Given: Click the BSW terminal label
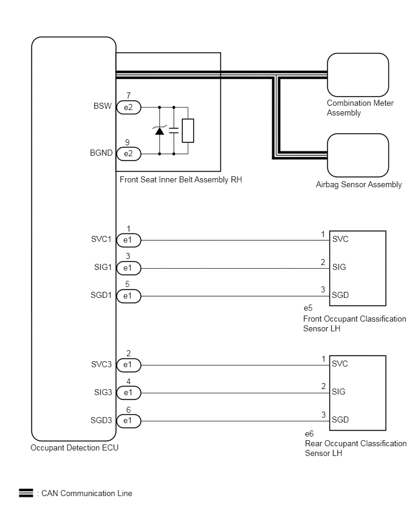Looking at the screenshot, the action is coord(103,106).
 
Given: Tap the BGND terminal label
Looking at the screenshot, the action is coord(101,153).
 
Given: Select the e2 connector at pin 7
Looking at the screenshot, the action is coord(129,108).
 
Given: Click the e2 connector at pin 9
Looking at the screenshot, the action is coord(129,154).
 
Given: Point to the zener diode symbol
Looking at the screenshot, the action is coord(159,131).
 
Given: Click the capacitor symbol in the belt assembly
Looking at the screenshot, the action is coord(174,131).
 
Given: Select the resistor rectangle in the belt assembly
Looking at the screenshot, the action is coord(188,131).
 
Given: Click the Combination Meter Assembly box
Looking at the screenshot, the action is coord(358,75).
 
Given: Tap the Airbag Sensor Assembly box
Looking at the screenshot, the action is coord(358,155).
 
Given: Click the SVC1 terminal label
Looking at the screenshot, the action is coord(101,239).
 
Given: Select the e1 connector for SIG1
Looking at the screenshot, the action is coord(129,268).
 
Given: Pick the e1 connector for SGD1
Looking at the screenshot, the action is coord(129,296).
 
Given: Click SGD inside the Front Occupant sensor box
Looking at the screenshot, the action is coord(340,295).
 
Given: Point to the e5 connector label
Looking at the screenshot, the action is coord(308,308).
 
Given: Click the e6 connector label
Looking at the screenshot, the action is coord(309,433).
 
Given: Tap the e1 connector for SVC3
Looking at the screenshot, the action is coord(129,365).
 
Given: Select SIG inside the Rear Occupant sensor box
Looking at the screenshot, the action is coord(339,392).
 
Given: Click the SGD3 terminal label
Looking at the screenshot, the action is coord(101,421).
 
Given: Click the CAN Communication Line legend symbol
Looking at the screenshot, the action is coord(26,493).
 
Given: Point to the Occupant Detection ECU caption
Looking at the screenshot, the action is coord(74,448).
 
